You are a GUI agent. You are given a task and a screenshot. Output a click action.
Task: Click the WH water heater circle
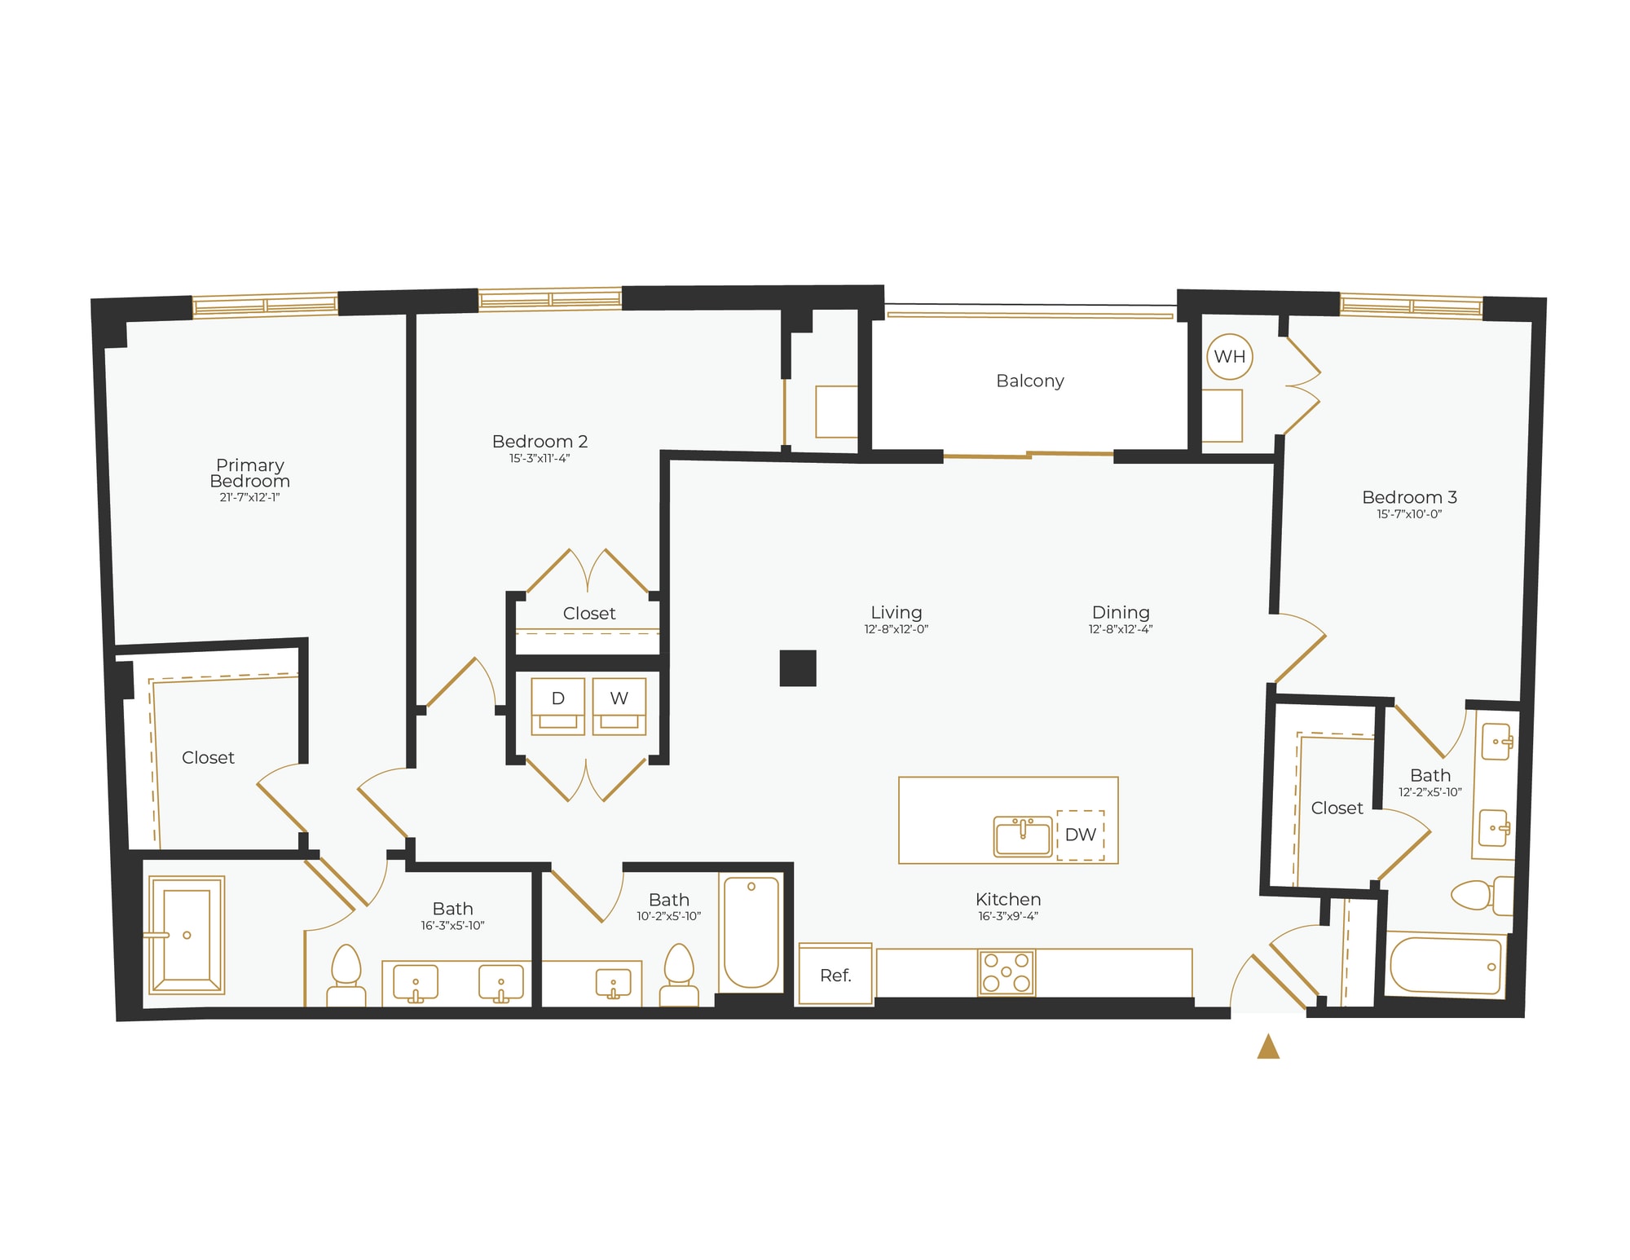[x=1229, y=356]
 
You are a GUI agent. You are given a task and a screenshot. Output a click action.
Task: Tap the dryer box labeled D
[x=558, y=706]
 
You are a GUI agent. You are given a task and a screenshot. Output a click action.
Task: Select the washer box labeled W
[x=619, y=706]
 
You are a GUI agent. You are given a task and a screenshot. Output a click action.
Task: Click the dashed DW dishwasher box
[x=1081, y=835]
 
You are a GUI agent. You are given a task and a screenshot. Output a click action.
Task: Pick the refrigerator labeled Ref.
[x=835, y=975]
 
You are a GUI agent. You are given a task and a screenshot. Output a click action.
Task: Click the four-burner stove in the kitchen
[x=1007, y=972]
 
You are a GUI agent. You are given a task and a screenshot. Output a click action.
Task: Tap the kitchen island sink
[x=1023, y=836]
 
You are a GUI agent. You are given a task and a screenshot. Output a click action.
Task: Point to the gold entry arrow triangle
[x=1268, y=1047]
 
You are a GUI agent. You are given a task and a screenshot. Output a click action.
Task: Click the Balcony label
[x=1030, y=381]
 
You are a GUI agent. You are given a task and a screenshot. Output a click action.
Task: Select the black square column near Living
[x=798, y=667]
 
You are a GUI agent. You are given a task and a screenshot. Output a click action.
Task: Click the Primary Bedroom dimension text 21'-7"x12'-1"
[x=249, y=497]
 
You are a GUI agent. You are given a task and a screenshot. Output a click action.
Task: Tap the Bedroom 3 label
[x=1409, y=497]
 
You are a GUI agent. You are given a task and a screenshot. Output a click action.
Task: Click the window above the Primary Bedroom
[x=265, y=305]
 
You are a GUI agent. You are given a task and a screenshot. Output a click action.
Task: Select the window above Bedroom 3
[x=1411, y=306]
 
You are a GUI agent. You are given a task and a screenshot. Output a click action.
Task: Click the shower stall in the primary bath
[x=187, y=935]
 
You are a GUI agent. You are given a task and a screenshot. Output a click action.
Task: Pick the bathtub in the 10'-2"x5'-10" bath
[x=751, y=932]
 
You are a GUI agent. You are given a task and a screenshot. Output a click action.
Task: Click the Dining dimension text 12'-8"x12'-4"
[x=1120, y=629]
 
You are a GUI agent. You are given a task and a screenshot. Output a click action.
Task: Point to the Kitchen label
[x=1008, y=899]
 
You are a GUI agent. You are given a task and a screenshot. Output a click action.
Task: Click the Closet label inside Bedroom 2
[x=589, y=613]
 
